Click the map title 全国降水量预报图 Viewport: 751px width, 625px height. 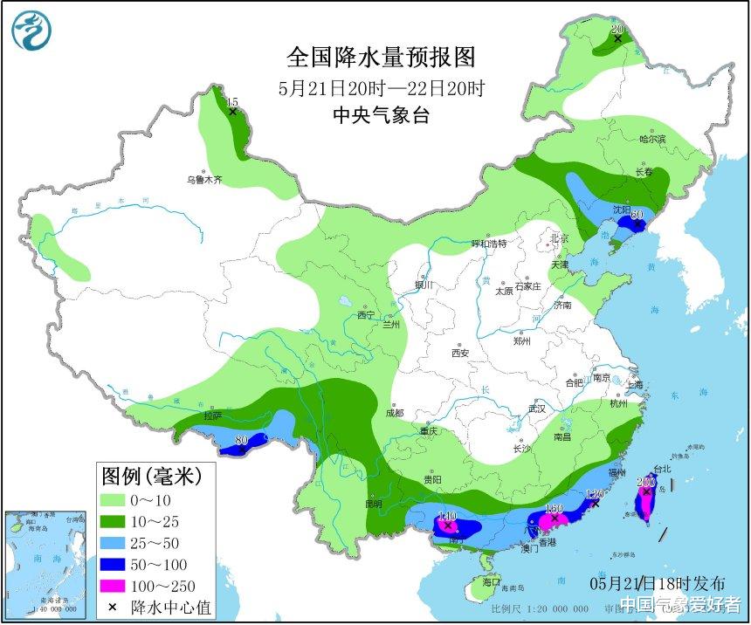click(382, 58)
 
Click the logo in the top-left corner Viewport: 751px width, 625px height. click(31, 31)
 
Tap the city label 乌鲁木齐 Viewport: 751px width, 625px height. click(203, 180)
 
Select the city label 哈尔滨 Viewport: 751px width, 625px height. click(651, 139)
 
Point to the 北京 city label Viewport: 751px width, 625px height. click(558, 237)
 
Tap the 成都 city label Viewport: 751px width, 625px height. click(394, 413)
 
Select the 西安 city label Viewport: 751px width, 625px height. click(460, 354)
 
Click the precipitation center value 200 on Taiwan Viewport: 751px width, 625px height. click(646, 482)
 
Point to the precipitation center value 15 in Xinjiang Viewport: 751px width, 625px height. click(232, 103)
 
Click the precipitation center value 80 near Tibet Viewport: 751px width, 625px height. click(242, 440)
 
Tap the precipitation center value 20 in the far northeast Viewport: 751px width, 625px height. click(617, 29)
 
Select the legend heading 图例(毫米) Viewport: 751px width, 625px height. click(151, 477)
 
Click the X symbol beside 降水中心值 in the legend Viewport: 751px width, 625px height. click(112, 606)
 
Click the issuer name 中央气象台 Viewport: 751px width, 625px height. click(382, 115)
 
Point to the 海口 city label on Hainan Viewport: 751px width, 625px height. click(491, 581)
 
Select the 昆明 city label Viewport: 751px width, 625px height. click(374, 505)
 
